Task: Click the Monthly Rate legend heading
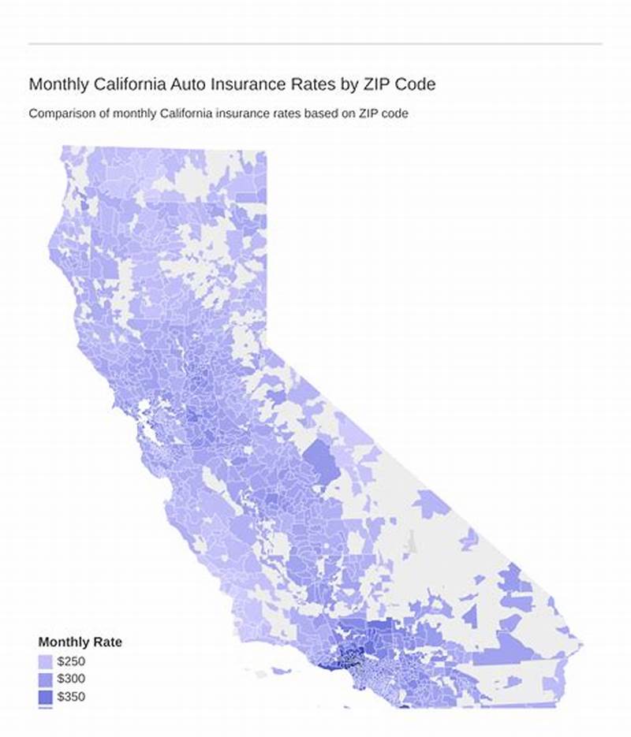pos(80,642)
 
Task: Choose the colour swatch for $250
pos(46,661)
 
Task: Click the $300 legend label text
pos(72,679)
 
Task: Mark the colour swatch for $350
pos(46,697)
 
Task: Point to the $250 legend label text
pos(72,661)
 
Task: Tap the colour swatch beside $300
pos(46,679)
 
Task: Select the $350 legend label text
pos(72,697)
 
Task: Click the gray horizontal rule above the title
pos(315,43)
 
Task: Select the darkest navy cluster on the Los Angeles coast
pos(345,654)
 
